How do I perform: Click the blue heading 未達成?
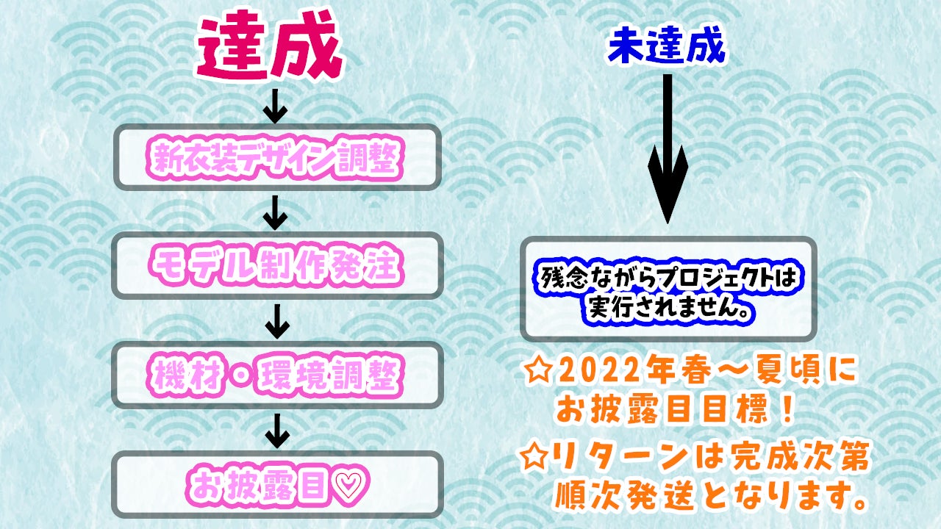[x=667, y=46]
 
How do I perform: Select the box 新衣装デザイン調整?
[x=277, y=157]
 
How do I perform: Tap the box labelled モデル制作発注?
[x=277, y=265]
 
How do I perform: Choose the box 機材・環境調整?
[x=277, y=375]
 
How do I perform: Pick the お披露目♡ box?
[x=277, y=484]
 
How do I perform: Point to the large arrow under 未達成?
[x=668, y=149]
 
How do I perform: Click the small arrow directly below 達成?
[x=275, y=107]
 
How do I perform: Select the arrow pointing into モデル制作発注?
[x=275, y=213]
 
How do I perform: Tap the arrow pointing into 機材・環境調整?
[x=277, y=322]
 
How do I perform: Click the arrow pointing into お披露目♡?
[x=277, y=431]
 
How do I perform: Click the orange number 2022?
[x=598, y=371]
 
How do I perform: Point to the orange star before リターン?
[x=534, y=456]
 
